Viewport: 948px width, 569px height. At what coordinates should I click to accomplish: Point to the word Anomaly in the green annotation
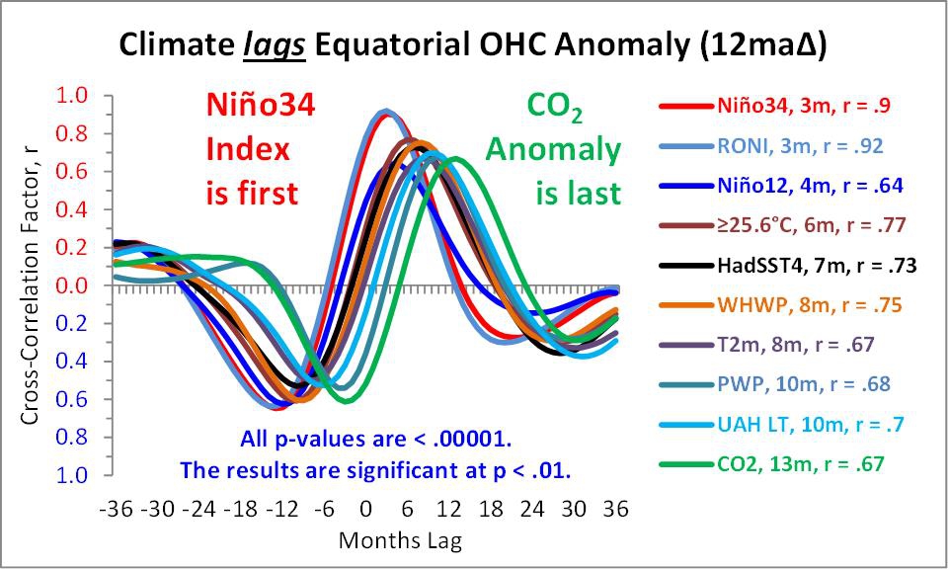pyautogui.click(x=553, y=150)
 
